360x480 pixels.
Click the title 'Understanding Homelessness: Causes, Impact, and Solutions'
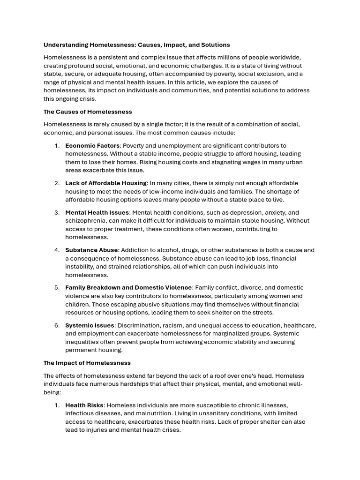pos(136,45)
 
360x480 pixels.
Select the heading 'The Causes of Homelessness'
pos(88,112)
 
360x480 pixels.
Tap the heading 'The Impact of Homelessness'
pos(87,363)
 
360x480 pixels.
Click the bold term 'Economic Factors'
pos(92,146)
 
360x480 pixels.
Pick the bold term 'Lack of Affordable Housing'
pos(105,183)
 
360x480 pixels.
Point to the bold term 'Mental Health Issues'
pos(97,212)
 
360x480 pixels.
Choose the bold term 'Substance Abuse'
pos(91,250)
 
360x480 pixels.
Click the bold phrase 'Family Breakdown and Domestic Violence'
pos(128,288)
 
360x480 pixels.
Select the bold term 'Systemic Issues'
pos(90,325)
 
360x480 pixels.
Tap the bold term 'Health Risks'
pos(84,405)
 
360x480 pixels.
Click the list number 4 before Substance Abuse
pos(57,250)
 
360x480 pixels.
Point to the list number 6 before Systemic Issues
pos(57,325)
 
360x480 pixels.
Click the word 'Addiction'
pos(136,250)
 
